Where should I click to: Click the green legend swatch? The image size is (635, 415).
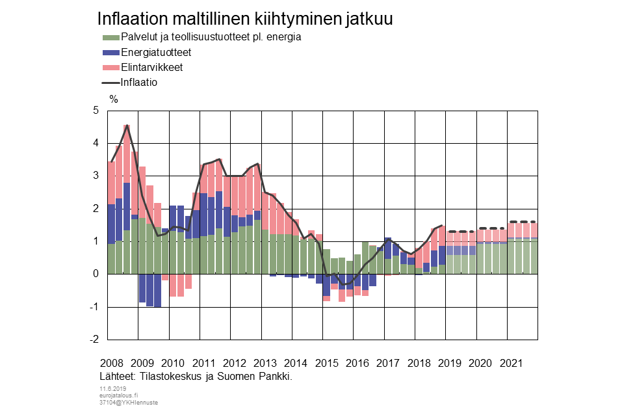[111, 38]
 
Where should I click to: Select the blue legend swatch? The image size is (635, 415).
[111, 53]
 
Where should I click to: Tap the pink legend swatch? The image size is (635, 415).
[111, 68]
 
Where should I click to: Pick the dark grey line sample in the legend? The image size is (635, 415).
[111, 83]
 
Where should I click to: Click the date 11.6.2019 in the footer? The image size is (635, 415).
[112, 388]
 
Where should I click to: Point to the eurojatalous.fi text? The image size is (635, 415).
[118, 395]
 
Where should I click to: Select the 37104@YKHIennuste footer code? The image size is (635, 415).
[128, 403]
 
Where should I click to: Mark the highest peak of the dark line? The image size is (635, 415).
[127, 126]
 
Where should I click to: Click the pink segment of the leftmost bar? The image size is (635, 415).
[111, 183]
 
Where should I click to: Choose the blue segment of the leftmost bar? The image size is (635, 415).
[111, 224]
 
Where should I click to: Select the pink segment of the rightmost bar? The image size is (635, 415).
[534, 230]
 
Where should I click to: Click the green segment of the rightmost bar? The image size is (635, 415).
[534, 257]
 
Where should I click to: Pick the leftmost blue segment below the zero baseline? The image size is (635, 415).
[142, 288]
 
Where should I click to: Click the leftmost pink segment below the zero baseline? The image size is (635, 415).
[165, 277]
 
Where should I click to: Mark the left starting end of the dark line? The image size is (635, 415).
[111, 161]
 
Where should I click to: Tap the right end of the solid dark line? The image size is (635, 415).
[442, 226]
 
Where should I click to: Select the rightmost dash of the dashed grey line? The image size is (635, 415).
[533, 222]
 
